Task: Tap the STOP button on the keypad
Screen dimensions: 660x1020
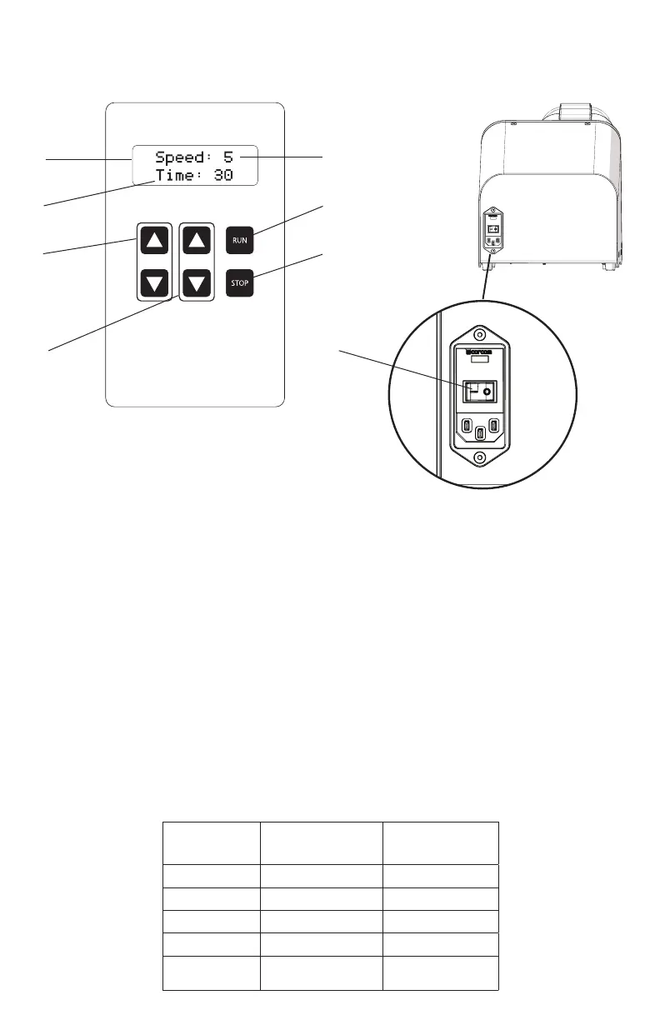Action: coord(240,283)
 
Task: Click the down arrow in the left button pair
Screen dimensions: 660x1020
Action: coord(154,283)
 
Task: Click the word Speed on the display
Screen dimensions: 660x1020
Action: coord(182,157)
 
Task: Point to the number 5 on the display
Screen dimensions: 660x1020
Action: coord(228,157)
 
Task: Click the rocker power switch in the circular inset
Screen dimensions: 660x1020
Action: coord(479,390)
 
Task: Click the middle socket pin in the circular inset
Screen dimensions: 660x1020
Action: coord(479,433)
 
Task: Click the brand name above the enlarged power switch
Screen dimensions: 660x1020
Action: coord(479,352)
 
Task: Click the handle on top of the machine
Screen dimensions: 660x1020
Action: coord(574,112)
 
